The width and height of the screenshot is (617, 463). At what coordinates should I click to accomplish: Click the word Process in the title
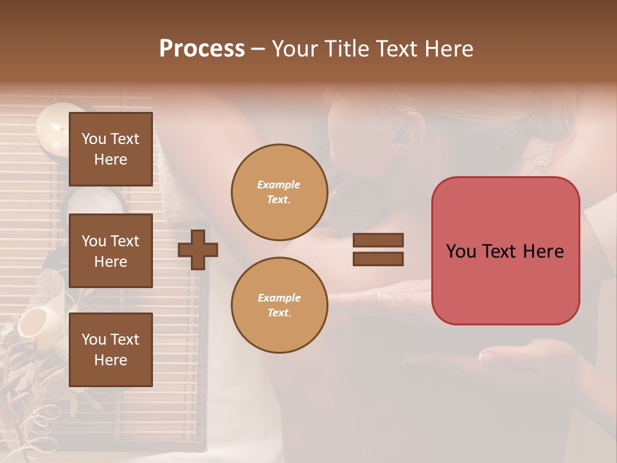202,49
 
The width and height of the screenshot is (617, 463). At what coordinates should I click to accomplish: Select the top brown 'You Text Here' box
111,149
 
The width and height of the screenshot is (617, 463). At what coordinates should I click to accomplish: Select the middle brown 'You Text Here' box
111,251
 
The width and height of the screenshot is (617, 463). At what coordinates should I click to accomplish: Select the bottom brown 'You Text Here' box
111,349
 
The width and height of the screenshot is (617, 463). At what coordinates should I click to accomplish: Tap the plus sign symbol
198,250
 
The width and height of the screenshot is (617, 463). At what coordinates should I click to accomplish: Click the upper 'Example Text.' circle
279,192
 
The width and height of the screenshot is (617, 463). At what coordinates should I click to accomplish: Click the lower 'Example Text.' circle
279,305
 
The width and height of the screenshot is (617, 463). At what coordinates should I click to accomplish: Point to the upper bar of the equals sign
378,241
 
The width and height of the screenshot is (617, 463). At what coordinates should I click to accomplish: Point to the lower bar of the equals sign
378,259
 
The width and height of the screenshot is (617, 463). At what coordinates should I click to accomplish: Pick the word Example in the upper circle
279,185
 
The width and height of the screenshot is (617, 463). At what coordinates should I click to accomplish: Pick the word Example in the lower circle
279,298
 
